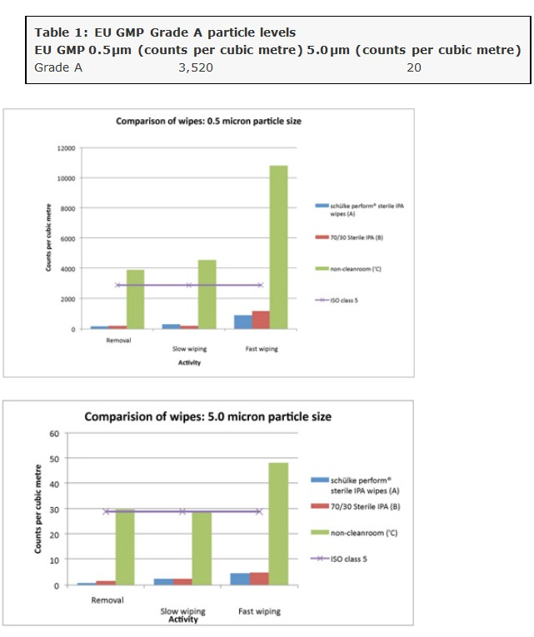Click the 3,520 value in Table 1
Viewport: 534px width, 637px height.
(196, 67)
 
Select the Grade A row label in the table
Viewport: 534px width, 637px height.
(58, 67)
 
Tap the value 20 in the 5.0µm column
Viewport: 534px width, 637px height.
(414, 67)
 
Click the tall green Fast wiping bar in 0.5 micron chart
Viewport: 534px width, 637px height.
(278, 246)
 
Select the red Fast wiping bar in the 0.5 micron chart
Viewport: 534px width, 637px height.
(260, 320)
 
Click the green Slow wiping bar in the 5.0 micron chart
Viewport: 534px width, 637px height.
(202, 548)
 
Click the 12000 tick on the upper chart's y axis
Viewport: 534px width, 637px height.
(66, 148)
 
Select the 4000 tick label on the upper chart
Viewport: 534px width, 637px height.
(67, 269)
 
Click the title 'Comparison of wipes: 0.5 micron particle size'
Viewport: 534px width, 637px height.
(208, 122)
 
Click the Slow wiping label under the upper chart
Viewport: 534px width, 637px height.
(189, 349)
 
